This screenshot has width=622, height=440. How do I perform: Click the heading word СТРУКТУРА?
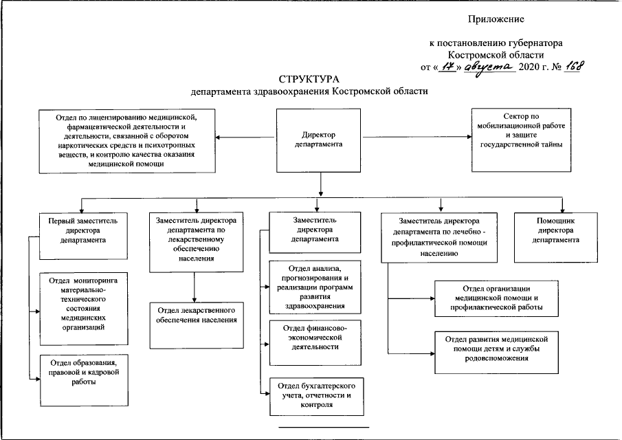click(x=309, y=79)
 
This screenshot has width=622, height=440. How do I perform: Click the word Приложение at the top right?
click(x=496, y=19)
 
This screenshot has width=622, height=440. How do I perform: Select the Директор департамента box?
click(x=318, y=140)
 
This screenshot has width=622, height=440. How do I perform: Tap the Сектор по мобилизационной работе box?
click(x=521, y=140)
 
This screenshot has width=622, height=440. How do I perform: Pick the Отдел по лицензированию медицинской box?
click(x=127, y=141)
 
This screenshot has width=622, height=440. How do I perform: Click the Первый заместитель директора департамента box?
click(x=83, y=236)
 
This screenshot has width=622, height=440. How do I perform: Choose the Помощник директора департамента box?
click(x=556, y=238)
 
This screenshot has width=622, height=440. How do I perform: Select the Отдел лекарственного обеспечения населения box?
click(x=197, y=325)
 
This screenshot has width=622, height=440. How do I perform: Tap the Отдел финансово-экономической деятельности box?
click(x=315, y=343)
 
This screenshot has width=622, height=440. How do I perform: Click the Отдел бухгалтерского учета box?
click(x=317, y=397)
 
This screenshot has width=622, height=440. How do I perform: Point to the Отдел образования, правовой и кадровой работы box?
click(x=84, y=380)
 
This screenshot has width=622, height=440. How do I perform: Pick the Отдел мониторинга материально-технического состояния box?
click(x=84, y=309)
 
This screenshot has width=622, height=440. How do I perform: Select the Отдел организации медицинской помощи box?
click(x=496, y=299)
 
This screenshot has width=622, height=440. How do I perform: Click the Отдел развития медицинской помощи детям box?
click(x=496, y=353)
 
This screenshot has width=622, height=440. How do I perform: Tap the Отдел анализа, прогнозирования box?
click(x=315, y=287)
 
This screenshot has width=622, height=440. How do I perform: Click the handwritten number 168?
click(x=574, y=66)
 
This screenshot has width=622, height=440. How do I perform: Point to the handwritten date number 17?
click(x=448, y=66)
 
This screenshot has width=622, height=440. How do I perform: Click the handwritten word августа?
click(x=490, y=67)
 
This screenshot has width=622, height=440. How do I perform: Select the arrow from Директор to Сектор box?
click(x=417, y=137)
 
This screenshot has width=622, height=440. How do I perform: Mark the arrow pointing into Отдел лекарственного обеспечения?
click(x=195, y=287)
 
